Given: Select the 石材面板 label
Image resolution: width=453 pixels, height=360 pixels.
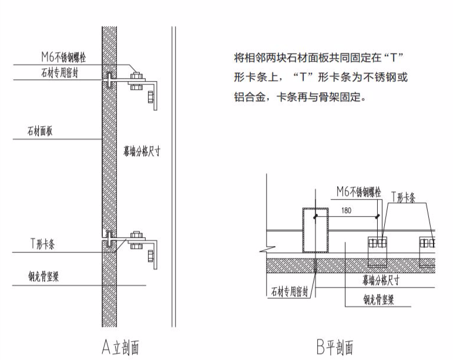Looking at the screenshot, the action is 42,132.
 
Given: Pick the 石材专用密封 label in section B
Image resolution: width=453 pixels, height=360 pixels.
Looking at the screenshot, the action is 291,291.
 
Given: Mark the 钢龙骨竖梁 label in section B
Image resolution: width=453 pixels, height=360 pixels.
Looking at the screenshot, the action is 378,300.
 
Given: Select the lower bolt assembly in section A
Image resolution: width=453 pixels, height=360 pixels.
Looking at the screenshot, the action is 137,240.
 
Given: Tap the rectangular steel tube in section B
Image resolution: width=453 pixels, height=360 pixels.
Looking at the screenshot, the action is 316,230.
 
